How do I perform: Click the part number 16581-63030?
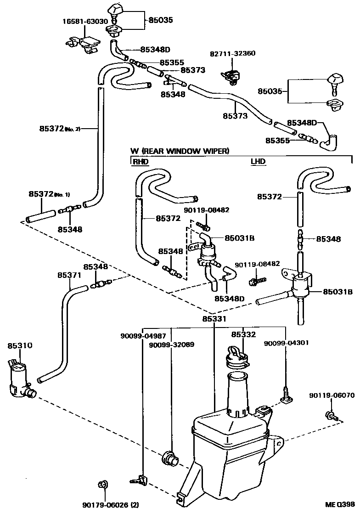(x=85, y=22)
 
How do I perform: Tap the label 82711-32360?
(x=232, y=53)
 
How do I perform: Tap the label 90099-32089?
(x=172, y=344)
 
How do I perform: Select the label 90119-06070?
(x=331, y=395)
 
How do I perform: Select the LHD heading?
(x=258, y=162)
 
